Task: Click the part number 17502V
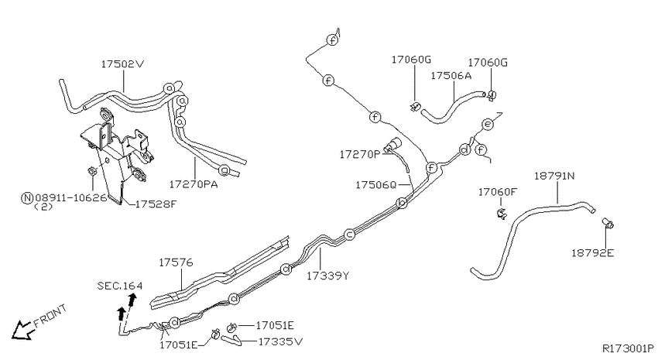122,64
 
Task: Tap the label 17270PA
194,184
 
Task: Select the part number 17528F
156,204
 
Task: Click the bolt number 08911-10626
71,197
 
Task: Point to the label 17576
176,262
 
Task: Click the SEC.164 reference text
120,286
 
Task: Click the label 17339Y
327,276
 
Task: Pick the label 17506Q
376,184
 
